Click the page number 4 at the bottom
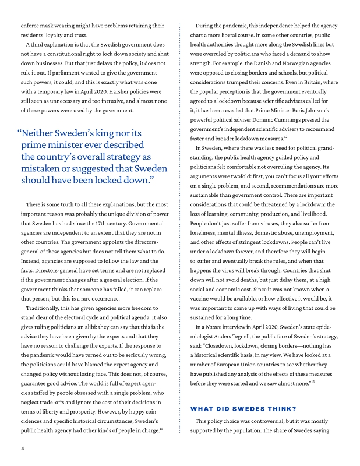(22, 449)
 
